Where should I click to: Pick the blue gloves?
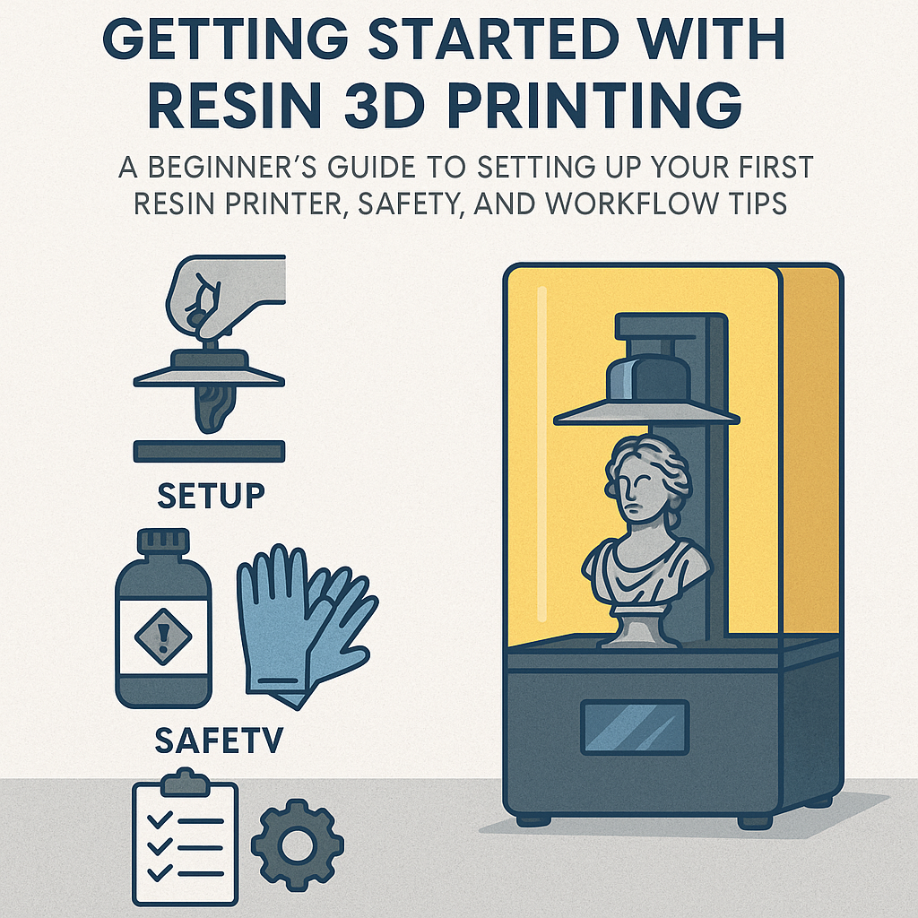coord(300,619)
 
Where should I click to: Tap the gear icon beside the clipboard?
coord(297,843)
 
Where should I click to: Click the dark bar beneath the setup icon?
coord(209,451)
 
